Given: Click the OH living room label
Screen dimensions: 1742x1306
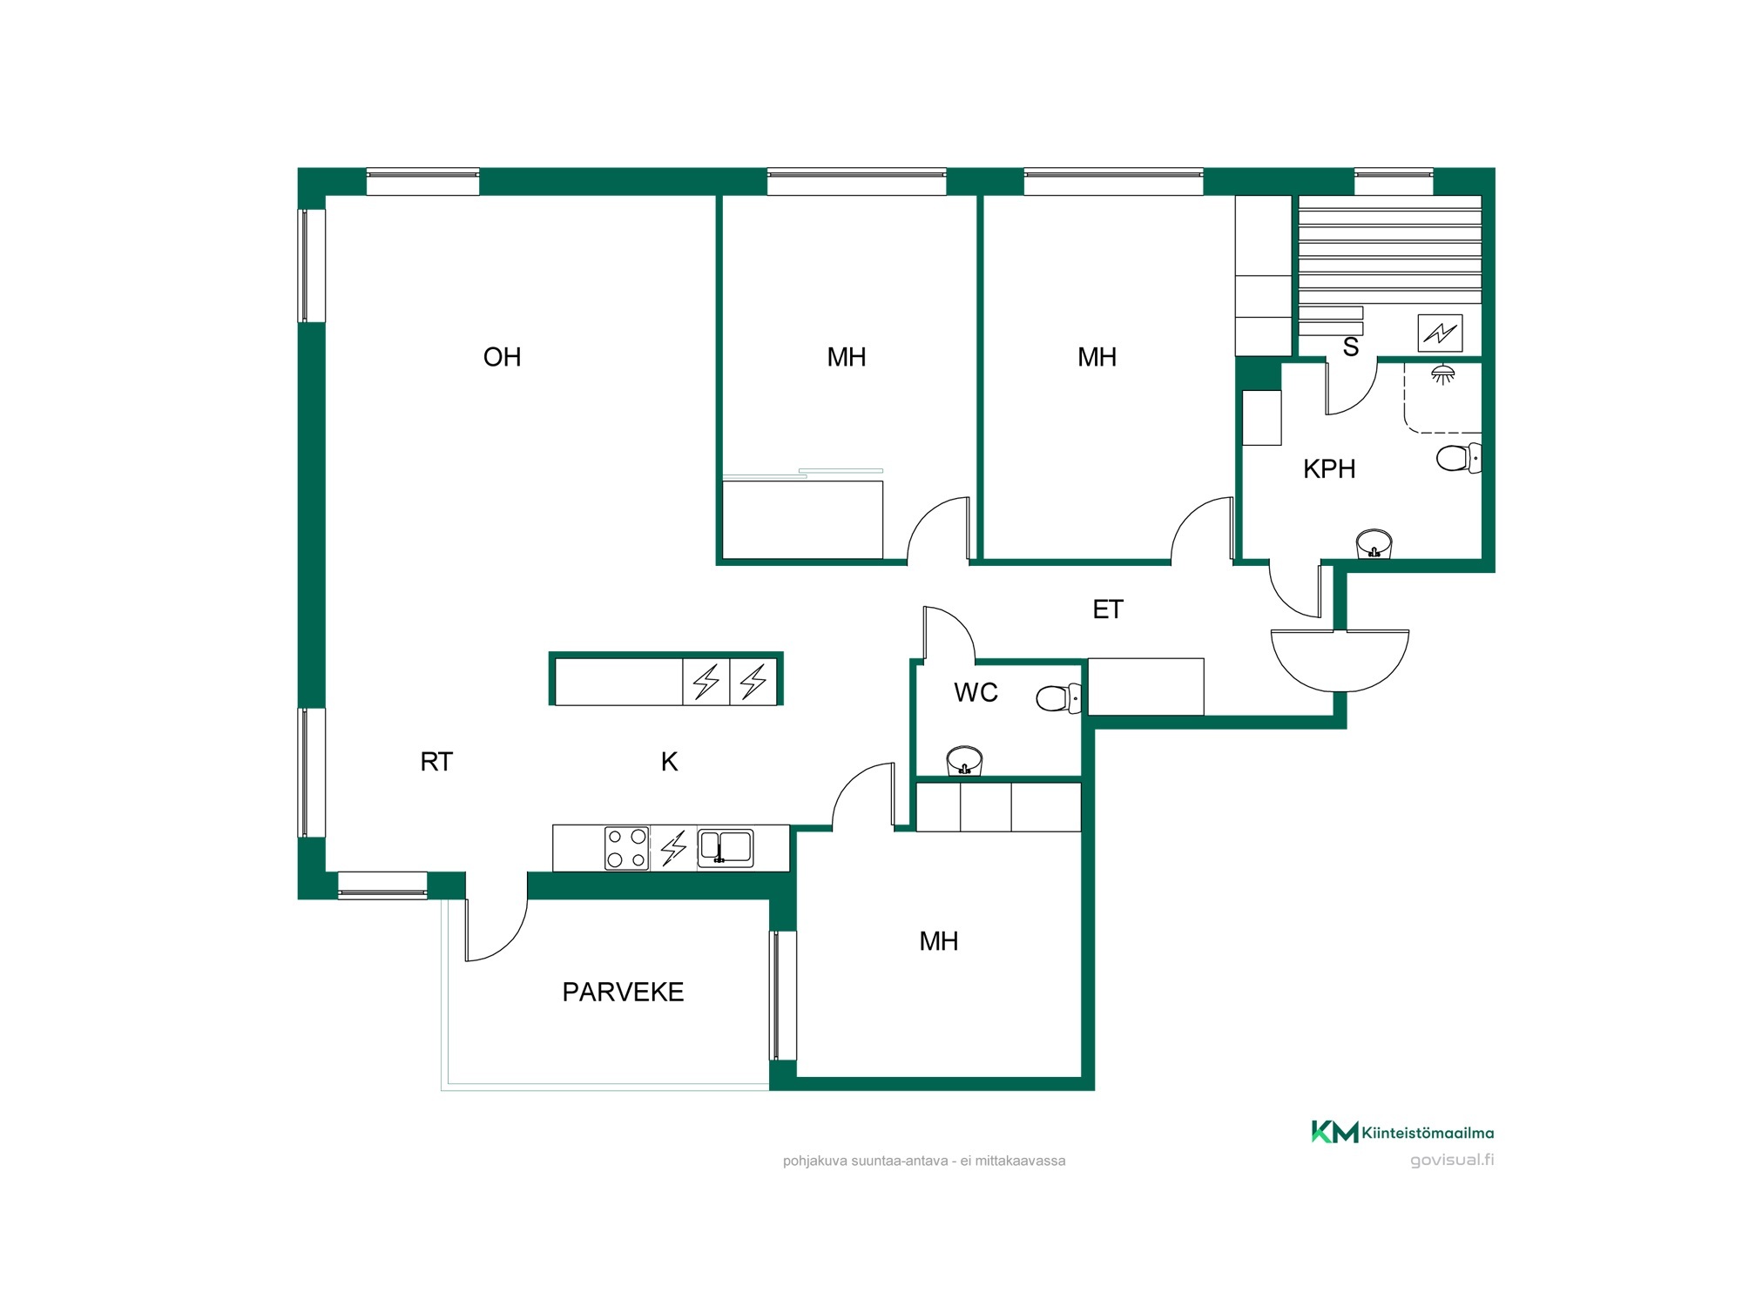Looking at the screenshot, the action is [x=502, y=357].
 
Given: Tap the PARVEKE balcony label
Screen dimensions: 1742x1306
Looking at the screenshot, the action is [x=623, y=992].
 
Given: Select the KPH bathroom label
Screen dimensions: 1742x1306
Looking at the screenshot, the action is [x=1329, y=469].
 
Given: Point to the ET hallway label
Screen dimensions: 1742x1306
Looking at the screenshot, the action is [x=1108, y=609].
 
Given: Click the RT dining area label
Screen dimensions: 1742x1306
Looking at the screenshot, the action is [x=436, y=762].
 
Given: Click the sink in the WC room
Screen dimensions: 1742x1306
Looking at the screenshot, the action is [x=964, y=760].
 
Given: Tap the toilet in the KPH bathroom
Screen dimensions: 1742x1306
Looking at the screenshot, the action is [x=1459, y=458].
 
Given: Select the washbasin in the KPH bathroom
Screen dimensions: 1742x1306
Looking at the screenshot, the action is [x=1374, y=543].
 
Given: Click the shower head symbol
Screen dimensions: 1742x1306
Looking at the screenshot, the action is [x=1443, y=374].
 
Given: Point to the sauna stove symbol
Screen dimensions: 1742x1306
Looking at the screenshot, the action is [x=1440, y=333].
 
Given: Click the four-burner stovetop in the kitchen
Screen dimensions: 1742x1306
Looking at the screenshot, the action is [x=627, y=848].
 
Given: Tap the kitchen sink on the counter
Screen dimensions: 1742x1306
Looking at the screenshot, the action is [x=726, y=848].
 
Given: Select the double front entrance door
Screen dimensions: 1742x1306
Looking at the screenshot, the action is [x=1340, y=660].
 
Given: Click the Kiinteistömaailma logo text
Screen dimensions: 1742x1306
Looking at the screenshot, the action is [x=1428, y=1133].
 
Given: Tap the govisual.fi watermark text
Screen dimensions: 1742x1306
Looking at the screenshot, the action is [x=1452, y=1160].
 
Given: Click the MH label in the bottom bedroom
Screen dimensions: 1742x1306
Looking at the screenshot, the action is [x=939, y=941].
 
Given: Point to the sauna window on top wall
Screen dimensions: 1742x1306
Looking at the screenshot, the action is [x=1394, y=182].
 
